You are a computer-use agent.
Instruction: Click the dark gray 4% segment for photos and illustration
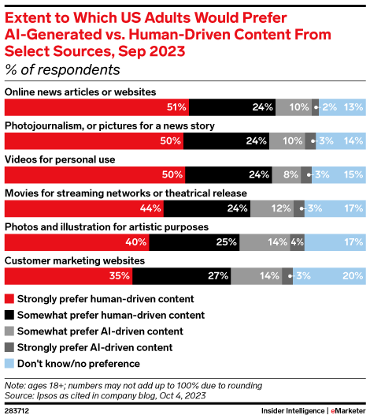(297, 242)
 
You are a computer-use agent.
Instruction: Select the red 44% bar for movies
(83, 209)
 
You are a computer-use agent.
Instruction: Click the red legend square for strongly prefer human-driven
(9, 299)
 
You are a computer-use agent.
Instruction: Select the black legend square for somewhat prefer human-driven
(9, 315)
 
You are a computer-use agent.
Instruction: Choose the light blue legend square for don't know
(9, 363)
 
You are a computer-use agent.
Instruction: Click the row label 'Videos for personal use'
(61, 159)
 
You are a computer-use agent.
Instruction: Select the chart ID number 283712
(16, 411)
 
